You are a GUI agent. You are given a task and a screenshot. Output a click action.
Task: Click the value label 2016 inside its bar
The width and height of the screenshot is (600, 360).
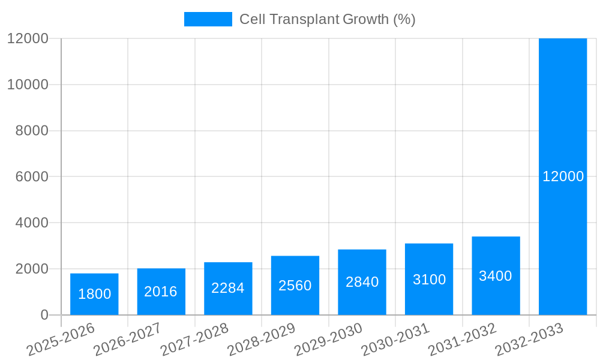click(x=161, y=292)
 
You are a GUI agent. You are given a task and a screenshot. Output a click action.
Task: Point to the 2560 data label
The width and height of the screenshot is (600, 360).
click(x=295, y=286)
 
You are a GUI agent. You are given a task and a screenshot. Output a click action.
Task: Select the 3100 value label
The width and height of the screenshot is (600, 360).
click(x=429, y=280)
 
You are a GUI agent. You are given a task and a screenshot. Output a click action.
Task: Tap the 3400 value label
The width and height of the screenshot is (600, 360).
click(x=496, y=276)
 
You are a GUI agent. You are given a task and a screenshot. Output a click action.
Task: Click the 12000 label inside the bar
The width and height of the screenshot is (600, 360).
click(x=563, y=176)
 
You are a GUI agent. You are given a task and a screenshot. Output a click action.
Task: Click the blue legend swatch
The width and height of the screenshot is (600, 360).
click(x=208, y=19)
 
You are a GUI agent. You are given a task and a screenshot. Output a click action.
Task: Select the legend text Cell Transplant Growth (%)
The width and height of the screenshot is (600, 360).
click(x=327, y=19)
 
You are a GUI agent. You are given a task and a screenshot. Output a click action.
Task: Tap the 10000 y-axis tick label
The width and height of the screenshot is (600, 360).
click(x=28, y=85)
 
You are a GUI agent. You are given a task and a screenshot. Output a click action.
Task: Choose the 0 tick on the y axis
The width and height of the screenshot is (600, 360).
click(x=44, y=315)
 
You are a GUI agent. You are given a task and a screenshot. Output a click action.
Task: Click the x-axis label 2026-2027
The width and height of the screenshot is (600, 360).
click(x=127, y=339)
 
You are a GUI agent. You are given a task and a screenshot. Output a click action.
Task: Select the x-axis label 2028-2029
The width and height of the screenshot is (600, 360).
click(x=261, y=339)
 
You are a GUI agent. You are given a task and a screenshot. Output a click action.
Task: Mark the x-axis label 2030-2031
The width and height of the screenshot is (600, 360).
click(x=395, y=339)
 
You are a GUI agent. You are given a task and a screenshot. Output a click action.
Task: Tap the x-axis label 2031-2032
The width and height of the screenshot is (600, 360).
click(x=462, y=339)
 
